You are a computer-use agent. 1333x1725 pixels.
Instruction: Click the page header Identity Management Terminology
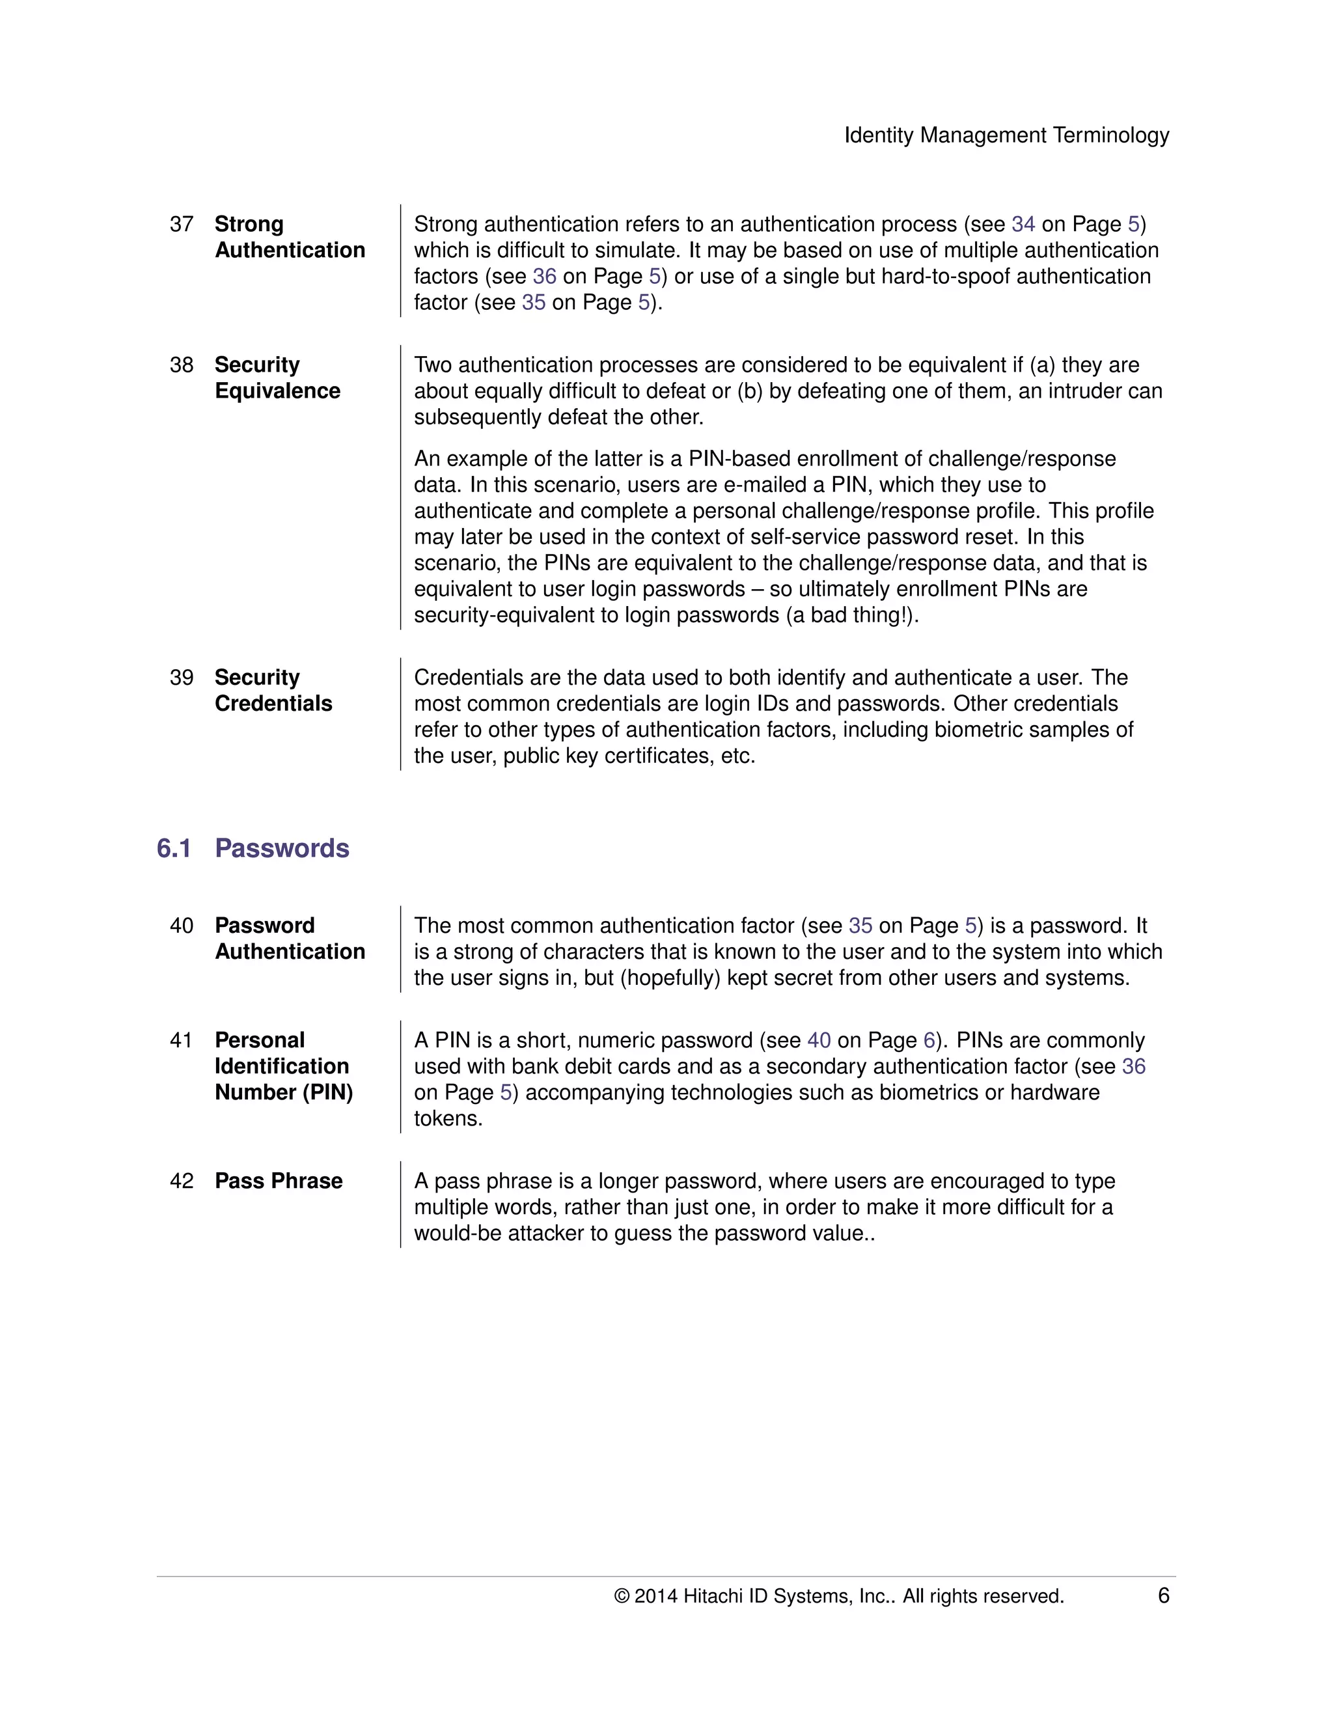point(1006,135)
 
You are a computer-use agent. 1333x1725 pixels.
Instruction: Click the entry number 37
point(182,225)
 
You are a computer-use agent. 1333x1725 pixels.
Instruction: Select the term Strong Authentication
point(289,237)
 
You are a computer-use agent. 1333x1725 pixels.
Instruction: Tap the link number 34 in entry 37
point(1023,225)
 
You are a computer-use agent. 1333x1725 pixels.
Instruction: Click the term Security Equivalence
point(277,378)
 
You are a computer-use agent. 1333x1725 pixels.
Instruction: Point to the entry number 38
point(182,365)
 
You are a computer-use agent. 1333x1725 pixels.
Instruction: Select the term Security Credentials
point(273,690)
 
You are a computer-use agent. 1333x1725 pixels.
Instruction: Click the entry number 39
point(182,678)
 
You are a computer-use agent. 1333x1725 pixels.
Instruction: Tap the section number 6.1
point(174,848)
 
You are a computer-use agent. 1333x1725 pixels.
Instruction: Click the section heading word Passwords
point(282,848)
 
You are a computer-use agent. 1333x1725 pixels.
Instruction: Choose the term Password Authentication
point(289,938)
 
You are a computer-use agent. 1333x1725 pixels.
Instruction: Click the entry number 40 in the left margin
point(182,926)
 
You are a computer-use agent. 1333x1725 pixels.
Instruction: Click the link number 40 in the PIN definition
point(818,1040)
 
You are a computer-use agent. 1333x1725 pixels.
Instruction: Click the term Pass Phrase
point(278,1181)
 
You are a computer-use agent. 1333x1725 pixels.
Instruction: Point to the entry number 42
point(182,1181)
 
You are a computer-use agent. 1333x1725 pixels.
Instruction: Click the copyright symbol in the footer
point(622,1596)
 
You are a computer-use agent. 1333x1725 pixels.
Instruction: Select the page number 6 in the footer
point(1162,1595)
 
